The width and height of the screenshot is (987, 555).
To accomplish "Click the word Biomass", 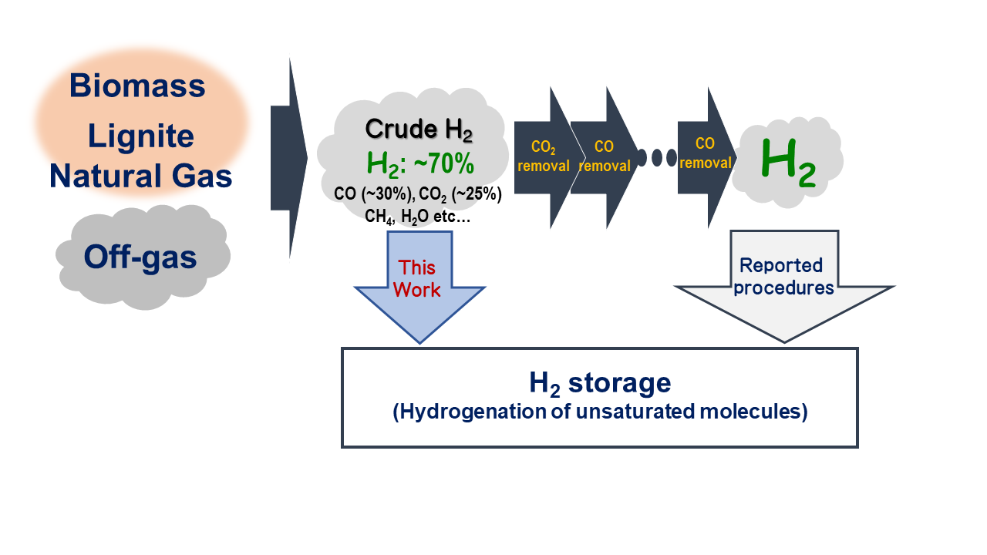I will pyautogui.click(x=137, y=85).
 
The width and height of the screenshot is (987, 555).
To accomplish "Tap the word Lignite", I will pyautogui.click(x=140, y=136).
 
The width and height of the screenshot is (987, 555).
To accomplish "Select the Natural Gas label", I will pyautogui.click(x=140, y=177).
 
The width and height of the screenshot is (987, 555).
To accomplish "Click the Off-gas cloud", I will pyautogui.click(x=140, y=257).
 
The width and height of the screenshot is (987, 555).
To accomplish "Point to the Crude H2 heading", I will pyautogui.click(x=419, y=129).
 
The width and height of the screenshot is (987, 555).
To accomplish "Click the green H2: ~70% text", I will pyautogui.click(x=419, y=163).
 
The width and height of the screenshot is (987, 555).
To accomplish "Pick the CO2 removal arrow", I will pyautogui.click(x=543, y=156).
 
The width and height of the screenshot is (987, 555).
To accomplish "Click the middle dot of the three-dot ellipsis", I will pyautogui.click(x=658, y=158).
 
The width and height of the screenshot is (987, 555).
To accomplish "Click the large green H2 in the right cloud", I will pyautogui.click(x=787, y=163).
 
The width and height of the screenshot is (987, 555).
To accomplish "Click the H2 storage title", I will pyautogui.click(x=599, y=382).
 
